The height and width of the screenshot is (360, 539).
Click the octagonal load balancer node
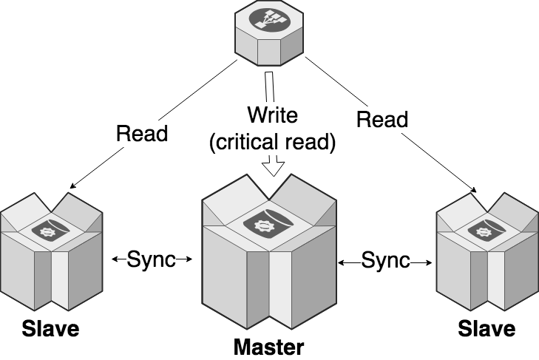coord(269,33)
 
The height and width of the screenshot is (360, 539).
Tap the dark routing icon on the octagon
coord(270,19)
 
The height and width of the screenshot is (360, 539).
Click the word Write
coord(273,115)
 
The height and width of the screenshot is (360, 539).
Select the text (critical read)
coord(272,142)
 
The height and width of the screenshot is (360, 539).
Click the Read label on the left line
coord(142,133)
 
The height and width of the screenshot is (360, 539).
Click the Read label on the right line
coord(382,120)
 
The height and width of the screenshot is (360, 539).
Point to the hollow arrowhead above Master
coord(274,168)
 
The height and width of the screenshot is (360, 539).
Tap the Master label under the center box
coord(269,347)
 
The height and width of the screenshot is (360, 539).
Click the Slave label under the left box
coord(50,329)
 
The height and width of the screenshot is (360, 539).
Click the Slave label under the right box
coord(487,328)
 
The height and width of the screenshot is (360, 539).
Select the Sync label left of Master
coord(152,259)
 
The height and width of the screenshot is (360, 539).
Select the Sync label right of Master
coord(386,260)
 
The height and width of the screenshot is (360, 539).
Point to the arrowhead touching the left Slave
coord(72,186)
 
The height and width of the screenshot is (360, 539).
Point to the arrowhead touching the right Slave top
coord(474,190)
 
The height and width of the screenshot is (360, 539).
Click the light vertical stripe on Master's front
coord(280,290)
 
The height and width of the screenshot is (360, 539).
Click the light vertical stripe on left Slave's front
coord(60,281)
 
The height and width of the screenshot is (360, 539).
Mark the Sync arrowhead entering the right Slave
coord(430,263)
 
